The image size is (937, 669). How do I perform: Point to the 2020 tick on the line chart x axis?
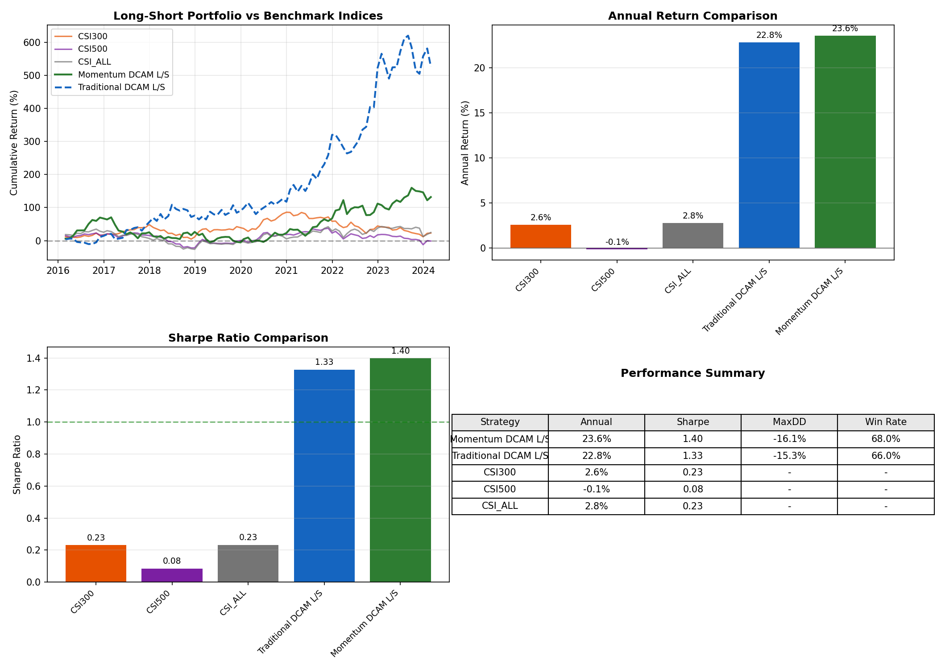coord(240,270)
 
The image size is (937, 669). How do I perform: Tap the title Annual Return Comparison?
coord(692,16)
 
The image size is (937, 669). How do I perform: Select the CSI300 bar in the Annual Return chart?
coord(540,236)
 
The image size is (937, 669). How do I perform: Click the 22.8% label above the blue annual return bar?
coord(769,35)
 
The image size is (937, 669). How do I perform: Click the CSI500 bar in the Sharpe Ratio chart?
coord(172,575)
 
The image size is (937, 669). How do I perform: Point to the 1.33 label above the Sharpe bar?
coord(324,362)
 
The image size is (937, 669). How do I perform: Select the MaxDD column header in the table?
coord(789,422)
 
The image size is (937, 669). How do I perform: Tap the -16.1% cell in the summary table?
coord(789,439)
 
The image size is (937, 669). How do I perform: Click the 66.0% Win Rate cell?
coord(885,456)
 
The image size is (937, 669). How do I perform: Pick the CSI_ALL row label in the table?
coord(500,506)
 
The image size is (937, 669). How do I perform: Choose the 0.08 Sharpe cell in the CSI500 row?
coord(692,489)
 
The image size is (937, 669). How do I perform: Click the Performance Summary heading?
coord(692,373)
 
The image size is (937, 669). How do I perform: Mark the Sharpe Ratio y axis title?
coord(17,464)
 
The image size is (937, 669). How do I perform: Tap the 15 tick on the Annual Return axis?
coord(481,113)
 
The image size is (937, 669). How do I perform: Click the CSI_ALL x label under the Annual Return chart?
coord(679,281)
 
